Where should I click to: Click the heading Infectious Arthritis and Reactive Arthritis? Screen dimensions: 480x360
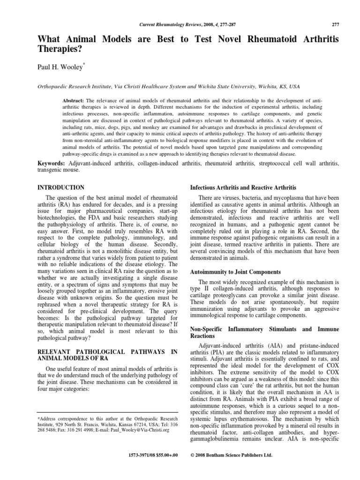(242, 187)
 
